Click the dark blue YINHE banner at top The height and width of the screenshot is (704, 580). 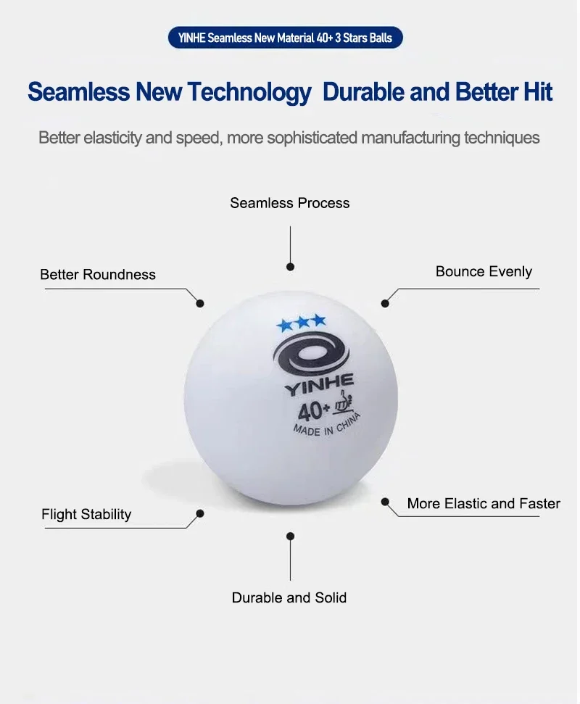tap(285, 38)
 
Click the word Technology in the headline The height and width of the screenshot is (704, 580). tap(249, 93)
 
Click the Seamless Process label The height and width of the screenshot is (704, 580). tap(289, 203)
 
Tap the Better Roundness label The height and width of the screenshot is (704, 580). tap(98, 274)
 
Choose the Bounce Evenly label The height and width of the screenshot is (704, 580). tap(484, 272)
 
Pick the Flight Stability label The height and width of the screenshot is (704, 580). tap(86, 515)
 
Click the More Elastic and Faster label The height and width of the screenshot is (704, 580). tap(484, 504)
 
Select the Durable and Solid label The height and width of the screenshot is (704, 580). tap(289, 598)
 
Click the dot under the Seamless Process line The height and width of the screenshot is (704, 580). tap(291, 267)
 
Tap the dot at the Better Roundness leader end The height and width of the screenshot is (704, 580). tap(200, 304)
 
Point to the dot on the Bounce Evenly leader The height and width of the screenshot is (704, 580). tap(385, 304)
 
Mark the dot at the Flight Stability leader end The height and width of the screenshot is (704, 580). tap(200, 513)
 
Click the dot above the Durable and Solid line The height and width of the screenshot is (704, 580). tap(291, 536)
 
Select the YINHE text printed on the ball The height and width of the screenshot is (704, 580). tap(319, 385)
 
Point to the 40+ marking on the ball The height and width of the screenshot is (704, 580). tap(313, 410)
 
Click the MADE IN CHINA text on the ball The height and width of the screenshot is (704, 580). tap(327, 426)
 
